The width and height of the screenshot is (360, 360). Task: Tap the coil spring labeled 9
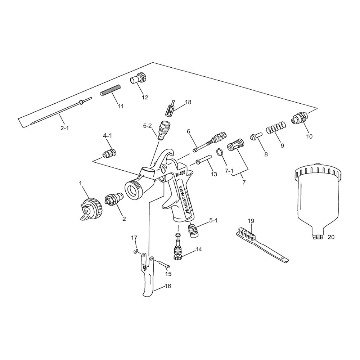tap(276, 128)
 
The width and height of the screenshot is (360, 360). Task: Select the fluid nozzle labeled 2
tap(113, 199)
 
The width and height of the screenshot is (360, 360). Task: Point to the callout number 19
tap(251, 220)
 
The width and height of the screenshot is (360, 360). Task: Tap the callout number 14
tap(199, 249)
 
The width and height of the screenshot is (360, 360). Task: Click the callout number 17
tap(134, 238)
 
